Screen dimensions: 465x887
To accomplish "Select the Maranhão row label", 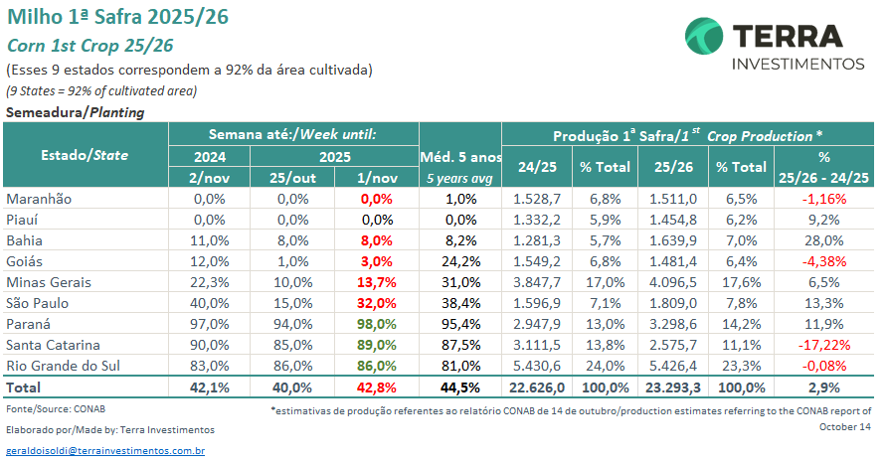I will (x=39, y=199).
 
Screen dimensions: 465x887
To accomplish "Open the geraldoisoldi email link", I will (x=105, y=451).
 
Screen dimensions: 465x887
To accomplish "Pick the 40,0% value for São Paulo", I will (x=210, y=303).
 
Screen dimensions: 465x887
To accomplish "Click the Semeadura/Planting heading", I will (x=76, y=112).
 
